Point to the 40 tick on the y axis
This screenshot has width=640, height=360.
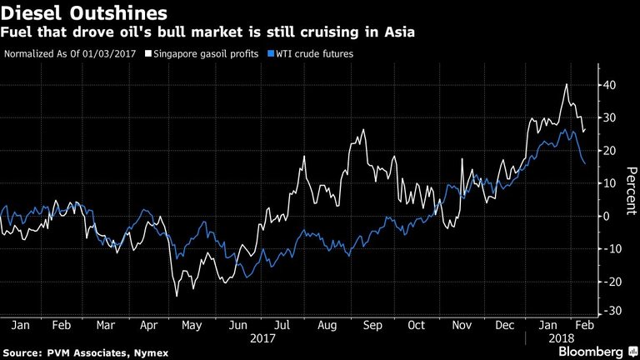610,85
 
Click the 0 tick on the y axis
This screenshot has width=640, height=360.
607,215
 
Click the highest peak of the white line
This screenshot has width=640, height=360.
567,84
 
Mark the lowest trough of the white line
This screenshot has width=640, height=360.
176,296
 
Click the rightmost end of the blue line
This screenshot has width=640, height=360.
584,164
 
